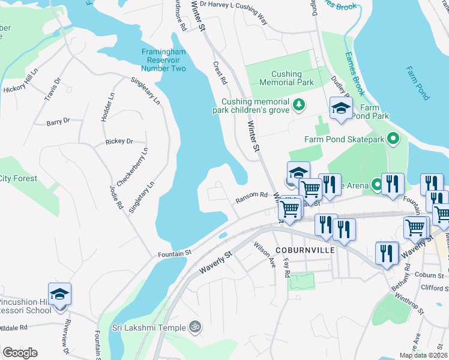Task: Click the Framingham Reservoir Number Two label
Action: click(x=164, y=60)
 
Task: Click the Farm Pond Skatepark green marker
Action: click(x=393, y=139)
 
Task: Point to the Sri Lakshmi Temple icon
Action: click(x=194, y=328)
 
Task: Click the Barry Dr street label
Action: click(x=58, y=122)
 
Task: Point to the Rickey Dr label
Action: click(x=119, y=142)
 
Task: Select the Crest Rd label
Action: click(x=220, y=72)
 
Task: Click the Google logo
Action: click(x=20, y=352)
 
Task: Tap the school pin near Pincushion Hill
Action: click(x=59, y=294)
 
